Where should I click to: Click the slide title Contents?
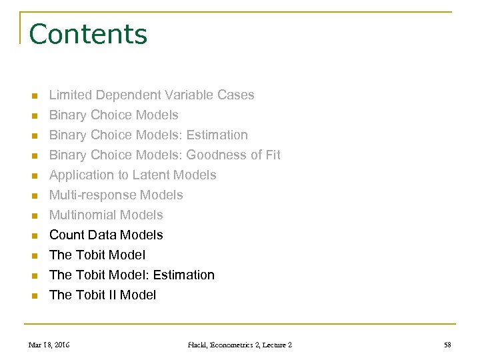click(88, 34)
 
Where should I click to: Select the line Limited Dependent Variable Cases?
click(151, 95)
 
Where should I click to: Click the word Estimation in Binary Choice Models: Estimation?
click(217, 135)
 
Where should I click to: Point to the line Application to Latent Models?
click(133, 175)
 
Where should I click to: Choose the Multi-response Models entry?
click(116, 195)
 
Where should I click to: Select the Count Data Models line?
click(106, 235)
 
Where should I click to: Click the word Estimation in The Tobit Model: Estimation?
click(184, 275)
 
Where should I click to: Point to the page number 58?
click(447, 345)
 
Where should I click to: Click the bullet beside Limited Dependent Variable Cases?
click(33, 96)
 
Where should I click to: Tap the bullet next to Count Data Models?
click(33, 236)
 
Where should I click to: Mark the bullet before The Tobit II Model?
click(33, 296)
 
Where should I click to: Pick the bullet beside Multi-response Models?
click(33, 196)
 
